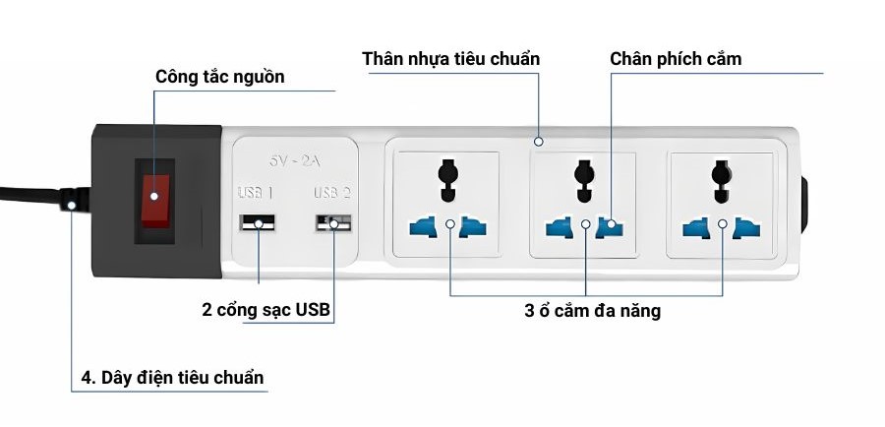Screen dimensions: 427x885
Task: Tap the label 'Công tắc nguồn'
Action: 220,77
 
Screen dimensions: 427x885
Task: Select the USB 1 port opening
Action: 258,223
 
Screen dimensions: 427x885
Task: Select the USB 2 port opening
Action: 333,223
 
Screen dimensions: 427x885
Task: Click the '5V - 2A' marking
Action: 296,158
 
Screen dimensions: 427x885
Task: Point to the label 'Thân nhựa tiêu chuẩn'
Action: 451,59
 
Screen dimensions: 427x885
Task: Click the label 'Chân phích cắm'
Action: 676,59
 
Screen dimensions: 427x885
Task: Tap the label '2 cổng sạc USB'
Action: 266,312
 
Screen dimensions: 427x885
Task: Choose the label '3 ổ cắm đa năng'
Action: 592,312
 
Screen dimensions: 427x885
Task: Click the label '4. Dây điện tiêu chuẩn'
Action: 172,377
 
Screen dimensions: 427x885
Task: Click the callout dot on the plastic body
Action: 539,140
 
